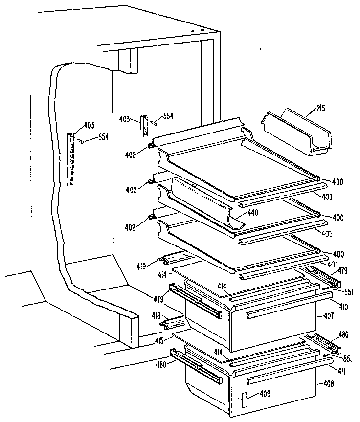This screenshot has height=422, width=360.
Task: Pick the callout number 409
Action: (265, 393)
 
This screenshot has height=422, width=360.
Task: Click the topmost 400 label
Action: (337, 182)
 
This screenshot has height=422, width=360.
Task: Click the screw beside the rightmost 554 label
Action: (154, 123)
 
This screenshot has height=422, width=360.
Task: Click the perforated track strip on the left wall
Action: (72, 159)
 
